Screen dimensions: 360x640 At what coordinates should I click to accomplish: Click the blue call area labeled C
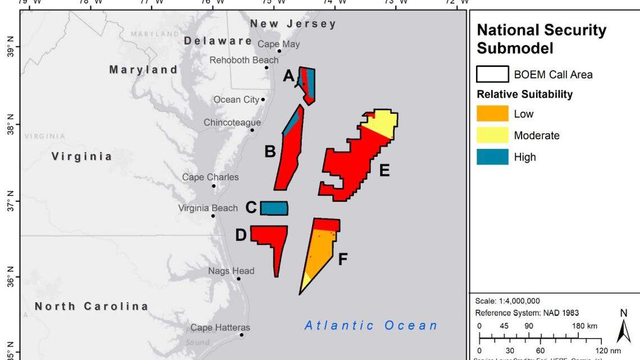click(274, 208)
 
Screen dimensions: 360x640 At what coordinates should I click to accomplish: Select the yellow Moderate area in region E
click(382, 123)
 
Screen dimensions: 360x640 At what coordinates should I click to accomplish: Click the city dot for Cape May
click(279, 51)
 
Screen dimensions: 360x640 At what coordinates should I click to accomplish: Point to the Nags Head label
click(231, 271)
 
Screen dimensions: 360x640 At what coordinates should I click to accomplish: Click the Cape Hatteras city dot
click(242, 335)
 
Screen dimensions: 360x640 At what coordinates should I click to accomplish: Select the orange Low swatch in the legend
click(492, 114)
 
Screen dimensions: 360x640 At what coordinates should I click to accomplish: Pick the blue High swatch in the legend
click(492, 157)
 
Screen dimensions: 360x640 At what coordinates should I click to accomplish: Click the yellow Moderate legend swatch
click(492, 135)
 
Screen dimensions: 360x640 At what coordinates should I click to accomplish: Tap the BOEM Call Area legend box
click(492, 74)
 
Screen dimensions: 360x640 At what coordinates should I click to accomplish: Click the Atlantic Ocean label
click(371, 325)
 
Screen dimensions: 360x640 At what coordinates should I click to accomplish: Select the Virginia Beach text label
click(208, 208)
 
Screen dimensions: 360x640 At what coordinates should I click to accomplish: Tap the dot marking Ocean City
click(263, 99)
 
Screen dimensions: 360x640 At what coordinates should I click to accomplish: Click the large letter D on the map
click(241, 235)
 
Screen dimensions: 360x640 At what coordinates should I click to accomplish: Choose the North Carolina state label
click(92, 306)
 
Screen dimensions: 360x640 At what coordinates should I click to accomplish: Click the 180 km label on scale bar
click(584, 326)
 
